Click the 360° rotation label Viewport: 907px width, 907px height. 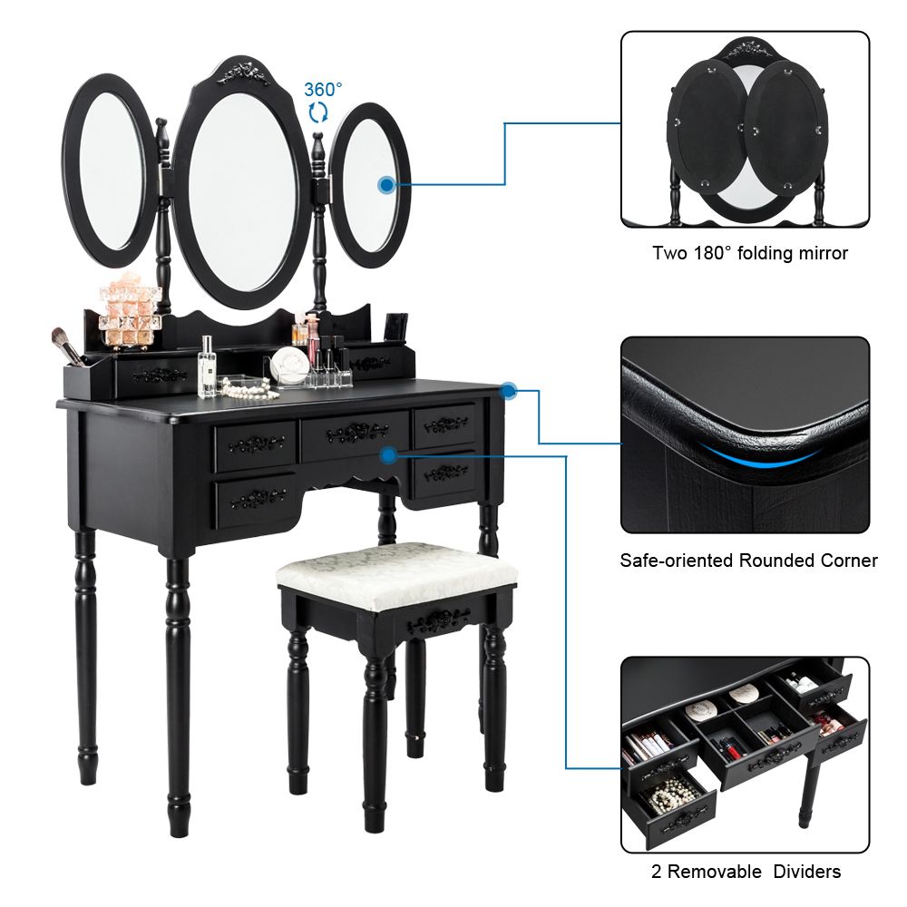click(x=323, y=90)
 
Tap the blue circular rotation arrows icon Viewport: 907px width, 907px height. click(x=317, y=112)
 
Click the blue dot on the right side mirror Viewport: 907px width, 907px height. click(x=386, y=185)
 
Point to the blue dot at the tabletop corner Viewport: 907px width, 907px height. click(x=509, y=391)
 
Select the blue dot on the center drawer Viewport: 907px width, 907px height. click(x=389, y=455)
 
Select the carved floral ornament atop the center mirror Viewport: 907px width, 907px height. click(x=242, y=74)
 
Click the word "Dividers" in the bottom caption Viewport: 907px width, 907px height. click(x=807, y=871)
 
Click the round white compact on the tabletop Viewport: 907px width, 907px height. click(x=290, y=365)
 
